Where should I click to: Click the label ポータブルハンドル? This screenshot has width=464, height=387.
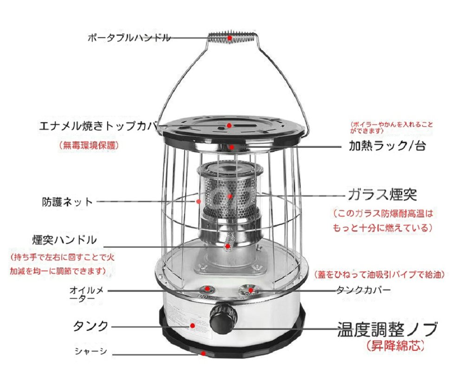pos(129,38)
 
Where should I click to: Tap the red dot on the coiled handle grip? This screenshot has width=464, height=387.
pos(230,38)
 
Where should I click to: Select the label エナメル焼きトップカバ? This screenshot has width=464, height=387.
pos(98,126)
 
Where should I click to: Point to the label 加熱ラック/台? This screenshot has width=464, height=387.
pos(387,146)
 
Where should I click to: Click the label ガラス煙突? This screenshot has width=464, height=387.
pos(382,195)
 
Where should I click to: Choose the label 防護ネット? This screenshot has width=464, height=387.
pos(67,202)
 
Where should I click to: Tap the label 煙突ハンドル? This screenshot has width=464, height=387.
pos(64,240)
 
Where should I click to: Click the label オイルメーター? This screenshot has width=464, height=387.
pos(86,294)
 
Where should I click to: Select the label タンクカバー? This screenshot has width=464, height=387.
pos(364,290)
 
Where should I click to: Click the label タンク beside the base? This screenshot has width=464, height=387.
pos(91,326)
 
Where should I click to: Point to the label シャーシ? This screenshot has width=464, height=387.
pos(90,351)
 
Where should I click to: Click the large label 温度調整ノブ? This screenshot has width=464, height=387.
pos(387,329)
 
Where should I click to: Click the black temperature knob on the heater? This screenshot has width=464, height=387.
pos(223,318)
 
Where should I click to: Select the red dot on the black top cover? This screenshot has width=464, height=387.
pos(229,125)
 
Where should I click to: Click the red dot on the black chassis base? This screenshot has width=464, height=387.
pos(203,353)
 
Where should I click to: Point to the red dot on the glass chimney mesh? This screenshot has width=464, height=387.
pos(230,196)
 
